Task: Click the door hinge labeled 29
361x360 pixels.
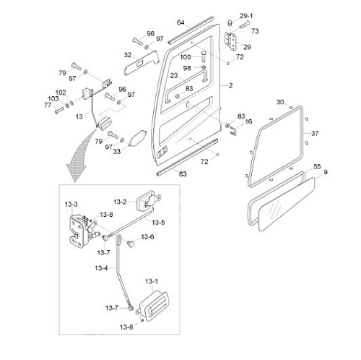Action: pos(230,41)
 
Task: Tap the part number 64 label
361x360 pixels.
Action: pos(180,22)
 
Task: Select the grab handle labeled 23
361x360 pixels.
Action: pos(186,85)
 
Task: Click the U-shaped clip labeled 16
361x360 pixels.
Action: pos(234,130)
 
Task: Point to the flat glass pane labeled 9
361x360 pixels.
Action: pos(287,205)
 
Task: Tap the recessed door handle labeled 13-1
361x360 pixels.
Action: pos(154,306)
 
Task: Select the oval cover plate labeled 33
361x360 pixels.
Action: pos(137,139)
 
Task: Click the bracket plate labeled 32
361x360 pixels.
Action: pos(142,63)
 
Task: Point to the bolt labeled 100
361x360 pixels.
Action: pos(204,56)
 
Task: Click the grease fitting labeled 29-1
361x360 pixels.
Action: pos(230,24)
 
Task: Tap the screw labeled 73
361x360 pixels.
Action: pos(245,25)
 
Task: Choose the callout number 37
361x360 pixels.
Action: pos(315,133)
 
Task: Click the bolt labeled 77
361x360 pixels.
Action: pos(59,111)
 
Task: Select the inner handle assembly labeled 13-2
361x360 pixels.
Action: pos(149,199)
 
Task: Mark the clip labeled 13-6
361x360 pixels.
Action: pos(131,243)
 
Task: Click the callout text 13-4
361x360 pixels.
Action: pos(101,268)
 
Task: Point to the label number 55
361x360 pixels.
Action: pos(317,166)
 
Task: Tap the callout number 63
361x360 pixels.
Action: pos(183,174)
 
